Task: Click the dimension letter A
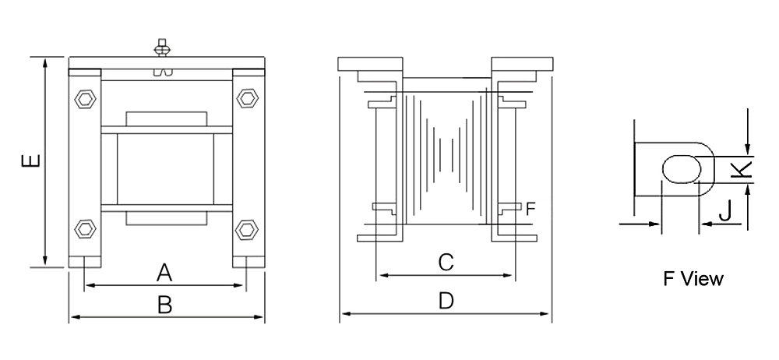click(164, 272)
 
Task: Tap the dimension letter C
click(446, 263)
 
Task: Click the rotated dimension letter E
click(30, 161)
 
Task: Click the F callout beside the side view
click(530, 208)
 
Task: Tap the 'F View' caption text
click(693, 278)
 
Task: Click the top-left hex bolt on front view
click(84, 99)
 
